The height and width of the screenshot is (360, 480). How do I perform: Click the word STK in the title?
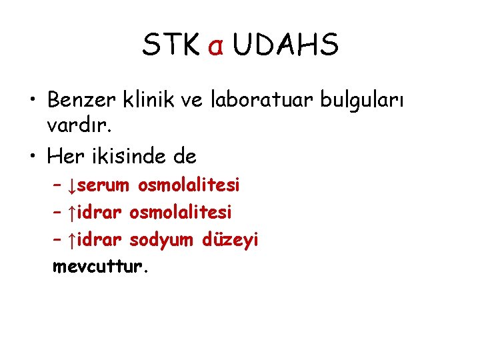coord(170,45)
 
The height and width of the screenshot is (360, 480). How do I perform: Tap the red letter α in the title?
coord(215,47)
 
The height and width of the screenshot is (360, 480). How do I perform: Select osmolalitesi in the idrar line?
coord(181,212)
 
